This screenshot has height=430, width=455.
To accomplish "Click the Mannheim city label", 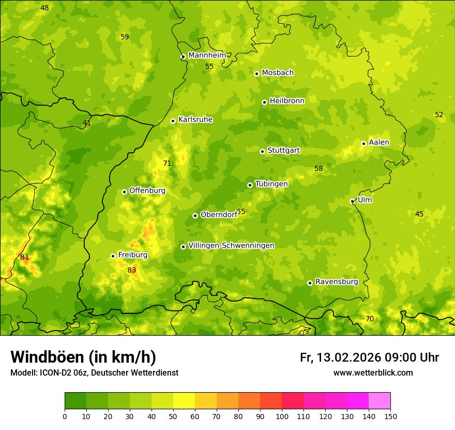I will pyautogui.click(x=207, y=55).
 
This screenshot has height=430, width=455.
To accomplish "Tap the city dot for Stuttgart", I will pyautogui.click(x=262, y=151).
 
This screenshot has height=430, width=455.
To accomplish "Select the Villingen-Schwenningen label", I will pyautogui.click(x=231, y=246).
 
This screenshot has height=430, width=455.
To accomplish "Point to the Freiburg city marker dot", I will pyautogui.click(x=113, y=256).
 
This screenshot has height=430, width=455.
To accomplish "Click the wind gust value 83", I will pyautogui.click(x=132, y=270).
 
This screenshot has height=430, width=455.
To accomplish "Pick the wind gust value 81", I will pyautogui.click(x=25, y=257).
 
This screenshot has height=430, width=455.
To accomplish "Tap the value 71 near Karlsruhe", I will pyautogui.click(x=167, y=163).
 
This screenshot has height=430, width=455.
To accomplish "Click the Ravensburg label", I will pyautogui.click(x=336, y=282).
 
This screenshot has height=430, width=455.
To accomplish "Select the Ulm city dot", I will pyautogui.click(x=352, y=201).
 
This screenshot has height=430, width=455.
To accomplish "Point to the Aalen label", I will pyautogui.click(x=378, y=142).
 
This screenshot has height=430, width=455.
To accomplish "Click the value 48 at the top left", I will pyautogui.click(x=44, y=8).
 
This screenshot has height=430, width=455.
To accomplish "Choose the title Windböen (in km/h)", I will pyautogui.click(x=83, y=357).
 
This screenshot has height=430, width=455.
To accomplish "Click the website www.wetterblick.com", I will pyautogui.click(x=373, y=373).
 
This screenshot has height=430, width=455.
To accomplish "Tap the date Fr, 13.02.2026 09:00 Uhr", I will pyautogui.click(x=369, y=357).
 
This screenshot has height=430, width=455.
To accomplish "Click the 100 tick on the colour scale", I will pyautogui.click(x=282, y=417).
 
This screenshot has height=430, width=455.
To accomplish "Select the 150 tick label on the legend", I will pyautogui.click(x=390, y=417).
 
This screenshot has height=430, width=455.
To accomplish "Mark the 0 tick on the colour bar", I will pyautogui.click(x=65, y=417).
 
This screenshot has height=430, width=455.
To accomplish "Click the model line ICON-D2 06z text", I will pyautogui.click(x=94, y=373).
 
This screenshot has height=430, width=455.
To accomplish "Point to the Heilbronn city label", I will pyautogui.click(x=286, y=101).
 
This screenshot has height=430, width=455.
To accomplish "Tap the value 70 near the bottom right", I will pyautogui.click(x=370, y=319).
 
